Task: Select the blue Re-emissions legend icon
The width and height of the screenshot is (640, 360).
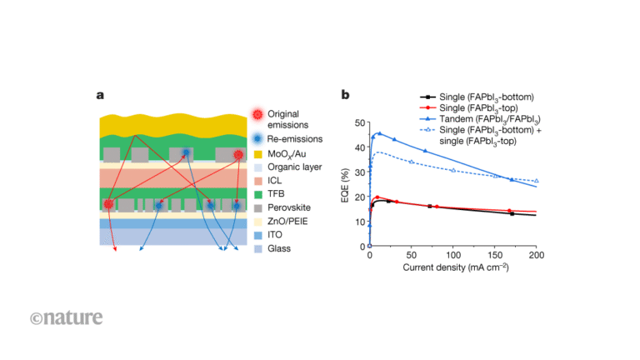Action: [257, 137]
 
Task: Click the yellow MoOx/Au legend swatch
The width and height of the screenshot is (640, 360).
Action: [257, 154]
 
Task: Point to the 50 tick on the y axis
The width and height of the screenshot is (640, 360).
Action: [360, 122]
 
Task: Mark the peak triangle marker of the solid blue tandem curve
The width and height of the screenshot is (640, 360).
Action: [380, 133]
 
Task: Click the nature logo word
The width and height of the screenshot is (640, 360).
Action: [67, 317]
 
